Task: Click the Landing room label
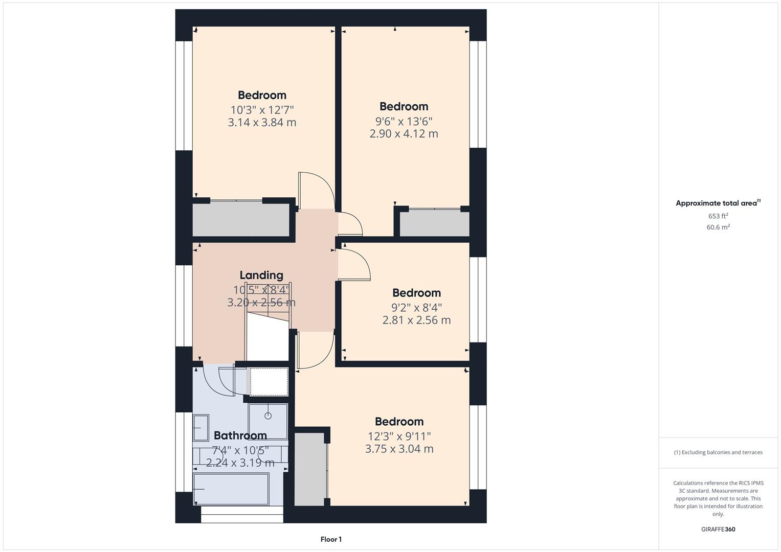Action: click(261, 275)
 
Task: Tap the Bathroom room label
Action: click(240, 435)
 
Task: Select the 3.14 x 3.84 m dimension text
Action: click(262, 123)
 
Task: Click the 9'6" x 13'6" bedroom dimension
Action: click(404, 122)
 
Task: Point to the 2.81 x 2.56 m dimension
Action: click(416, 320)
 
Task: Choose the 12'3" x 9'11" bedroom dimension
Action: click(399, 436)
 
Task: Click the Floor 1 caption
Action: click(331, 539)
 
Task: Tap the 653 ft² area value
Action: click(718, 216)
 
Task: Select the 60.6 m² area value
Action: click(718, 227)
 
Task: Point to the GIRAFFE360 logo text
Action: click(718, 530)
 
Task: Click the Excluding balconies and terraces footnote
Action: click(718, 452)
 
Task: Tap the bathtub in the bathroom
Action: click(231, 489)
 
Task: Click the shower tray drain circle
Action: click(268, 416)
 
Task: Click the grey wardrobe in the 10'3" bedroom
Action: click(240, 220)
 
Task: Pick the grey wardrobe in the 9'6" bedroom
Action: click(434, 223)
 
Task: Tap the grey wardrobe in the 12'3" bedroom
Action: click(310, 469)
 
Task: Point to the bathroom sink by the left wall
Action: click(200, 428)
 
